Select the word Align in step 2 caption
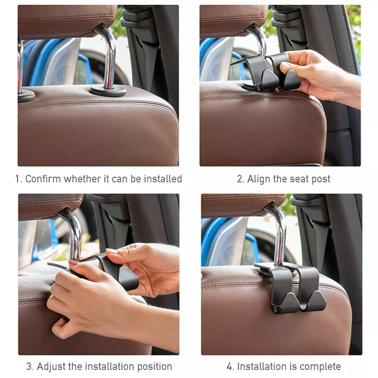pos(259,179)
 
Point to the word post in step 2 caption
pos(321,179)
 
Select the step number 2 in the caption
pos(240,179)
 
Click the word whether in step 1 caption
pos(83,179)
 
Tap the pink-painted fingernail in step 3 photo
pos(73,263)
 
